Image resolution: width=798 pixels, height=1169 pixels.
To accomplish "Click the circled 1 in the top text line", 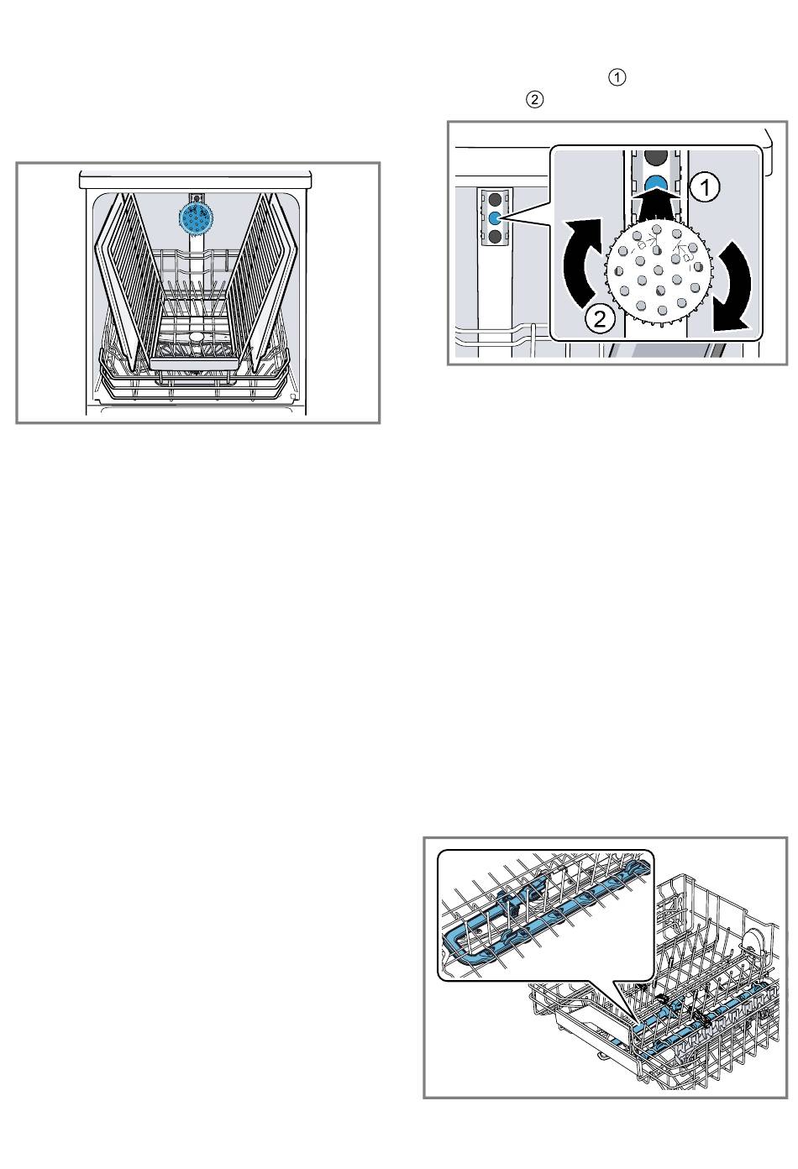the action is coord(617,78).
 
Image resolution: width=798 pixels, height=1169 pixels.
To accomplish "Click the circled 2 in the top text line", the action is coord(534,99).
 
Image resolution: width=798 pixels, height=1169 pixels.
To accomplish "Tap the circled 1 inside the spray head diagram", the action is coord(705,187).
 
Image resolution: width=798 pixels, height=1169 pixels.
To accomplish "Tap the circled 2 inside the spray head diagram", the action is coord(601,317).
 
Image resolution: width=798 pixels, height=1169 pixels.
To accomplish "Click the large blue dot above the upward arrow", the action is coord(656,184).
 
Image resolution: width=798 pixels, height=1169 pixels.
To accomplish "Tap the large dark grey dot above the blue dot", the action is coord(656,155).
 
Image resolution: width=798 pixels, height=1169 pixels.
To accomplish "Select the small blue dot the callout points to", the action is coord(495,218).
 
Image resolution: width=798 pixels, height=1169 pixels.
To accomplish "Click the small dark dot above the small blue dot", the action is coord(495,199).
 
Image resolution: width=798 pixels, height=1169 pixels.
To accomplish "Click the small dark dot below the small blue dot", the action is coord(495,238).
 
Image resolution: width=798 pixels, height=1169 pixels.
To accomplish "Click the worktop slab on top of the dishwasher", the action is coord(195,180).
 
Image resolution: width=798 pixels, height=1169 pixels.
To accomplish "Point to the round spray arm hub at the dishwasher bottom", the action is coord(197,337).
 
